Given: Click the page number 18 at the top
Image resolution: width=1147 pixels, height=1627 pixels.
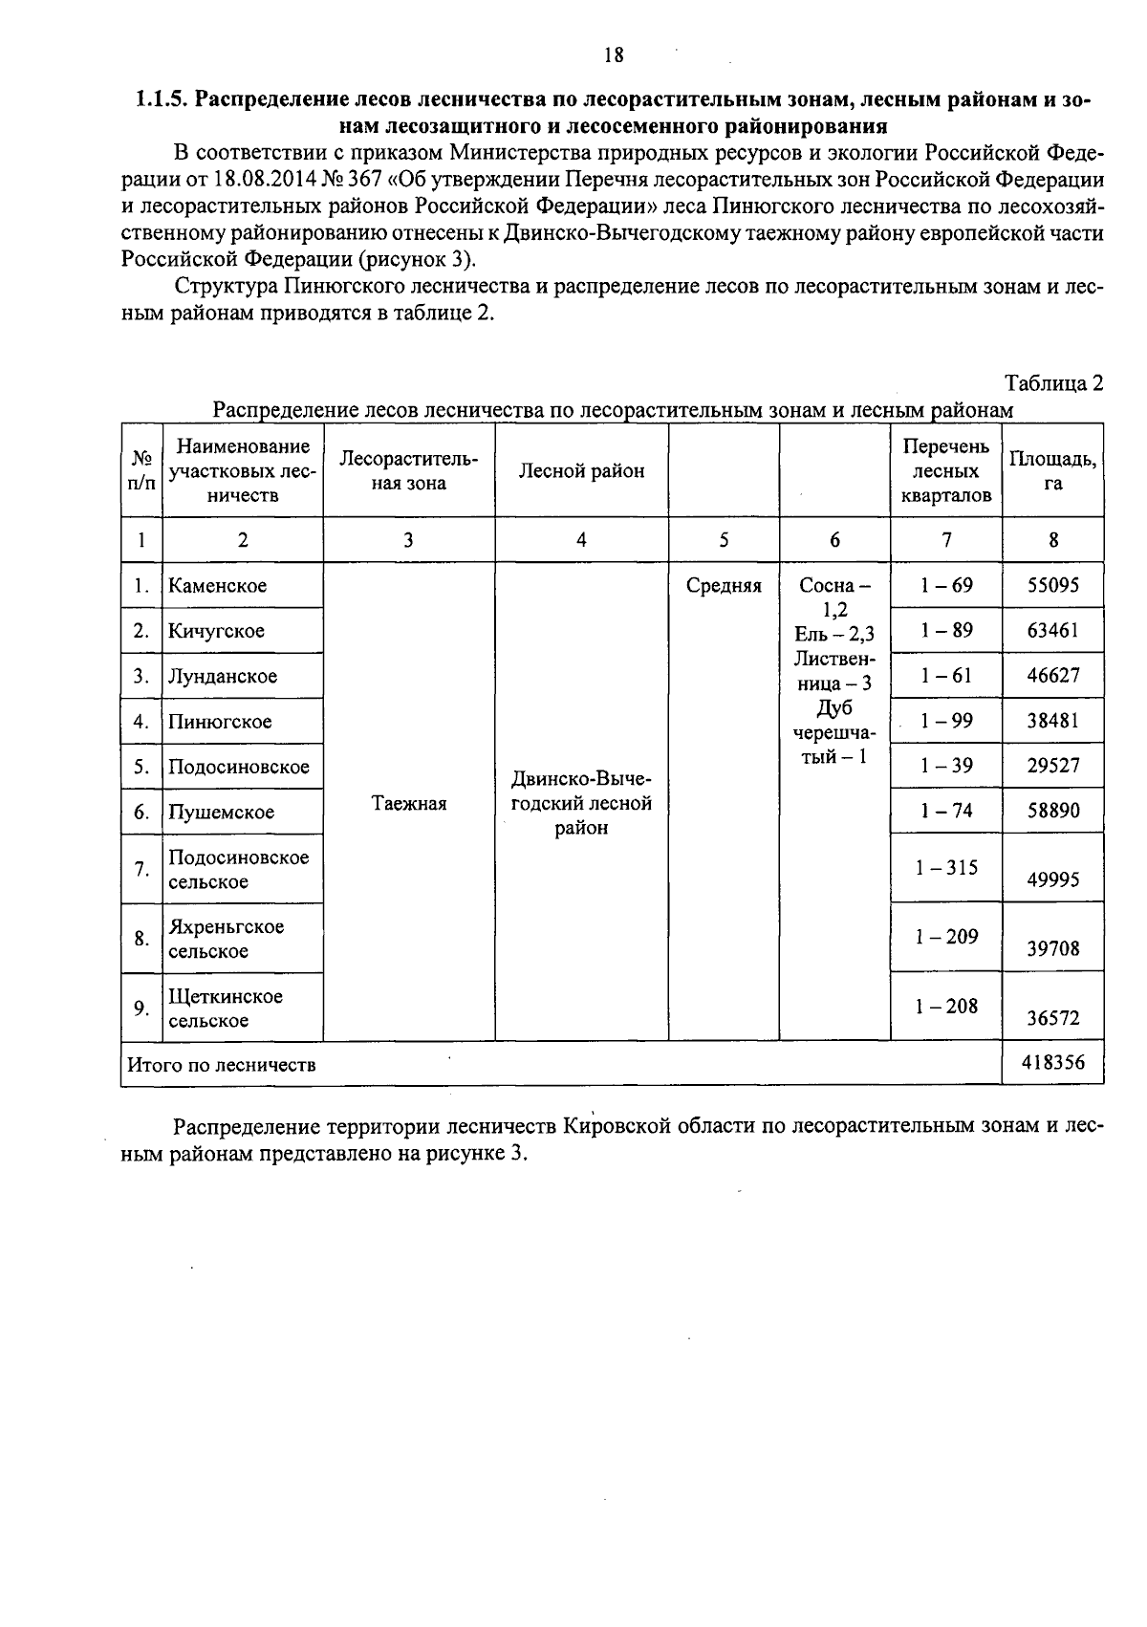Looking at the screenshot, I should coord(614,54).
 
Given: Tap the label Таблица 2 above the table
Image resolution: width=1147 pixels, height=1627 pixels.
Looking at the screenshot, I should coord(1053,383).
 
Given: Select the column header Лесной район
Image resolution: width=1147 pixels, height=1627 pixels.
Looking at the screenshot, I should coord(581,470).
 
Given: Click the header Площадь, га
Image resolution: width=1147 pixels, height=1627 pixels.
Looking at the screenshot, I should coord(1052,470).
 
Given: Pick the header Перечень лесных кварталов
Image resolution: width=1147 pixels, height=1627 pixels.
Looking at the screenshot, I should coord(945,470).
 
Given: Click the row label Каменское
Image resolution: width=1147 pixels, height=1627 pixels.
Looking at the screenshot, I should coord(217,585).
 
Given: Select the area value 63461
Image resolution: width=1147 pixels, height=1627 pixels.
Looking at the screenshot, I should coord(1052,630).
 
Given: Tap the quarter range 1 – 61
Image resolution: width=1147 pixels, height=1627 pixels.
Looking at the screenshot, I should coord(945,675).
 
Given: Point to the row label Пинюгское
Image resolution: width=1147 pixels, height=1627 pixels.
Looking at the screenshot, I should coord(220,721).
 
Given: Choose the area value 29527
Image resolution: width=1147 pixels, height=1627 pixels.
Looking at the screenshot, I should coord(1052,766).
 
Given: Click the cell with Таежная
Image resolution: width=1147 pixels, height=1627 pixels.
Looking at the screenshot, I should coord(408,803).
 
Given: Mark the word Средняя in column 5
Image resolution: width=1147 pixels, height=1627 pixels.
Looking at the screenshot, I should coord(724,585).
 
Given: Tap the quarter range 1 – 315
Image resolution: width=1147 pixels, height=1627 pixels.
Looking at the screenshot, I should coord(945,867).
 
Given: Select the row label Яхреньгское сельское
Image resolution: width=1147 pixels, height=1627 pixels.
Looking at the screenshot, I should coord(227,938).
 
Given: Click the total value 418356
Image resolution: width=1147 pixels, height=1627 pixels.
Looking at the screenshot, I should coord(1052,1062).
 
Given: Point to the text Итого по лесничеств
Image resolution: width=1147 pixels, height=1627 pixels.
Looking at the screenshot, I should coord(222,1064).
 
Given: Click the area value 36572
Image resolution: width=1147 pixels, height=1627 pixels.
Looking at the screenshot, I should coord(1052,1018).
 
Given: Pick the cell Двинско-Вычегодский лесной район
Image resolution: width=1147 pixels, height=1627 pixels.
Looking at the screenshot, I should coord(581,803).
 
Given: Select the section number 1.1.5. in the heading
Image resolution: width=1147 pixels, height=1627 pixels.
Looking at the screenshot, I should coord(163,99).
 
